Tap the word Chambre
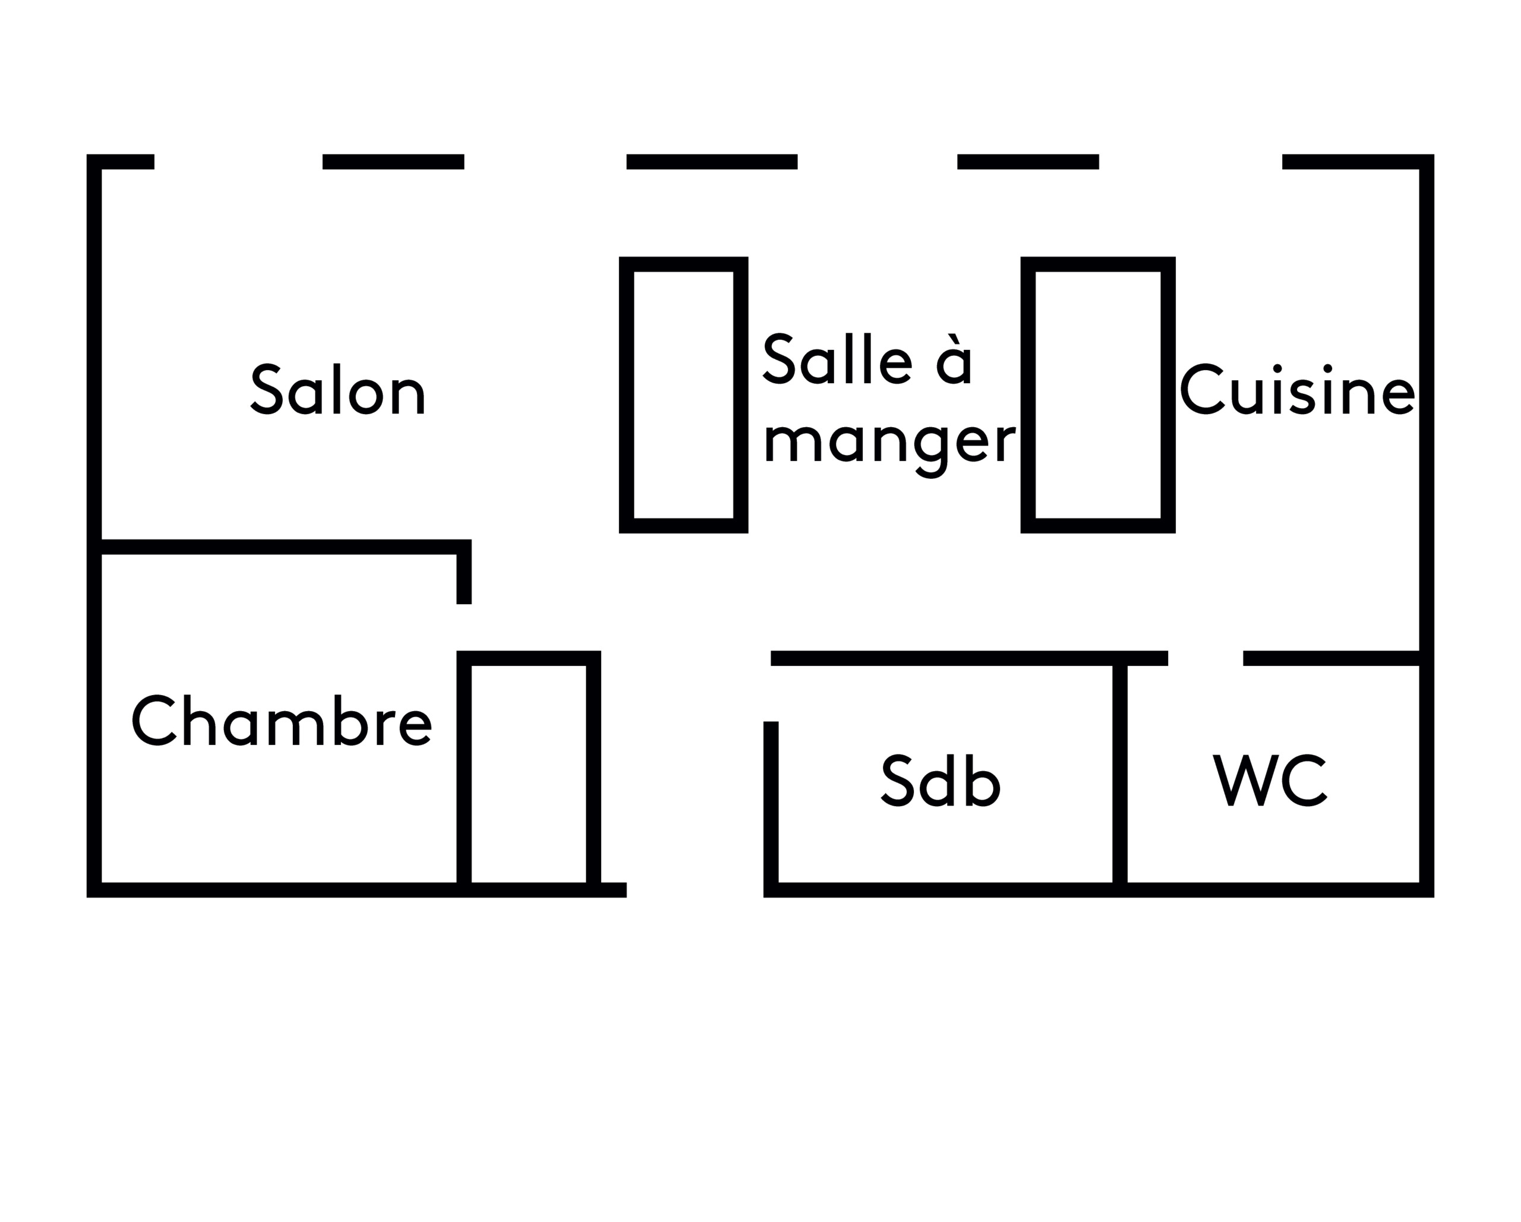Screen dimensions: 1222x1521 pyautogui.click(x=282, y=721)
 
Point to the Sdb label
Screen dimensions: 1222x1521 pyautogui.click(x=941, y=781)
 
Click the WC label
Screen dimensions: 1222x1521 pyautogui.click(x=1270, y=781)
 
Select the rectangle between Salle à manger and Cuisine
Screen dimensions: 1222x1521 pyautogui.click(x=1098, y=395)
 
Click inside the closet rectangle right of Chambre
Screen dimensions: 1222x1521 pyautogui.click(x=528, y=772)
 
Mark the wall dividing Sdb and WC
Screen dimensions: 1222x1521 pyautogui.click(x=1119, y=772)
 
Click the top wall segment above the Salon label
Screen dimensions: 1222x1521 pyautogui.click(x=393, y=162)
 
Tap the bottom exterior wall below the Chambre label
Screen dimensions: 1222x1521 pyautogui.click(x=282, y=890)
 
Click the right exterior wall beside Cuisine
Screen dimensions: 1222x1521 pyautogui.click(x=1427, y=395)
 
